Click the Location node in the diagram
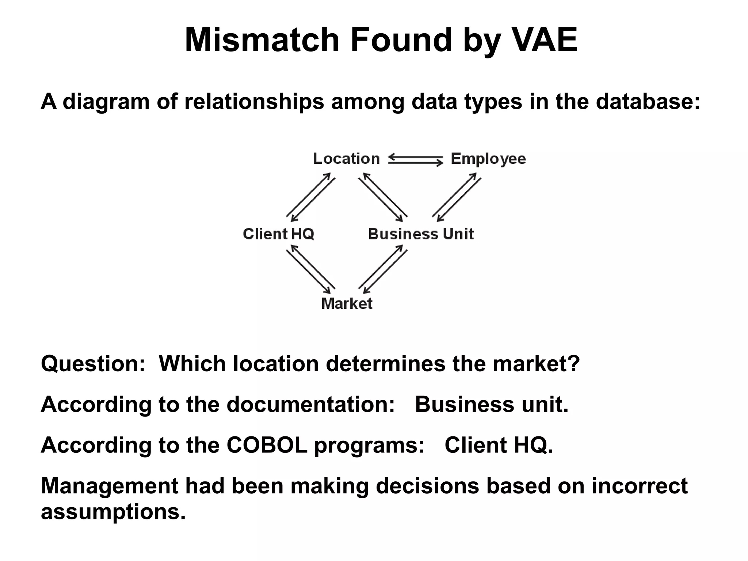tap(346, 159)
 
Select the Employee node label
tap(488, 159)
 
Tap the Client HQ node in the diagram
tap(278, 234)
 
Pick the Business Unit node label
tap(421, 234)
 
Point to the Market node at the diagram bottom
tap(347, 304)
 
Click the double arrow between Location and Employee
tap(415, 160)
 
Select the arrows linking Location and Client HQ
tap(310, 197)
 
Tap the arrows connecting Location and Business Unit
tap(383, 197)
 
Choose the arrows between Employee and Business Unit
tap(457, 197)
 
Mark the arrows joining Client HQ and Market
tap(310, 269)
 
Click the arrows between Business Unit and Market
tap(383, 269)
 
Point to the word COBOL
tap(267, 445)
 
